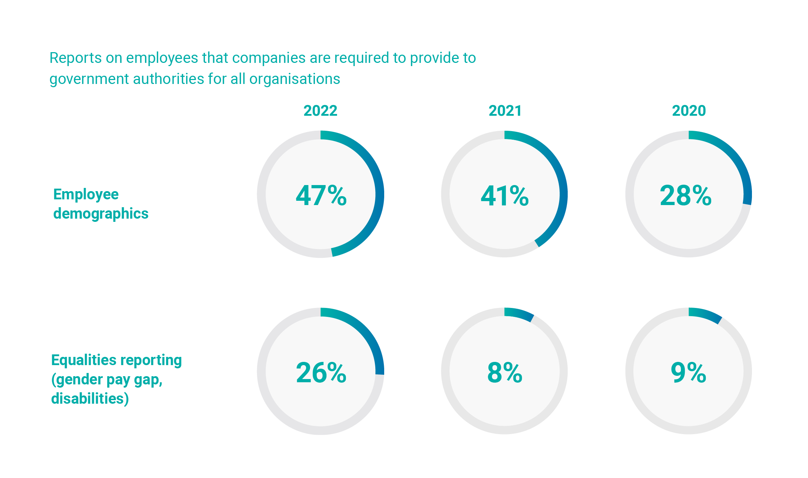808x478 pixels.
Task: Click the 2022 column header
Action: tap(320, 111)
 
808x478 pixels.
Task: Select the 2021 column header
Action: tap(505, 111)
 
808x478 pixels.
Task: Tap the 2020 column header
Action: tap(689, 111)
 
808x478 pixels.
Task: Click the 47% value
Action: tap(321, 195)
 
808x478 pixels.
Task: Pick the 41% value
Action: tap(505, 196)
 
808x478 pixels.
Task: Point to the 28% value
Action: tap(686, 195)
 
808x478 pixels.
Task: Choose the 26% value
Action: tap(321, 373)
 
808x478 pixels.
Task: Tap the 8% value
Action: tap(505, 373)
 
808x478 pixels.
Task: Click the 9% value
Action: tap(688, 373)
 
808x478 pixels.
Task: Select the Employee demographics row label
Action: tap(101, 204)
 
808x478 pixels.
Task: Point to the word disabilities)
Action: tap(90, 399)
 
